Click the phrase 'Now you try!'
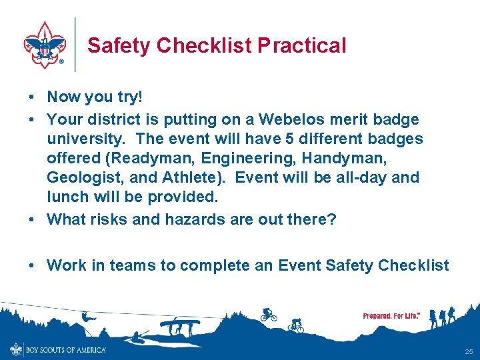[x=94, y=97]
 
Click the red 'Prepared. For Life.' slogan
[x=391, y=315]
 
